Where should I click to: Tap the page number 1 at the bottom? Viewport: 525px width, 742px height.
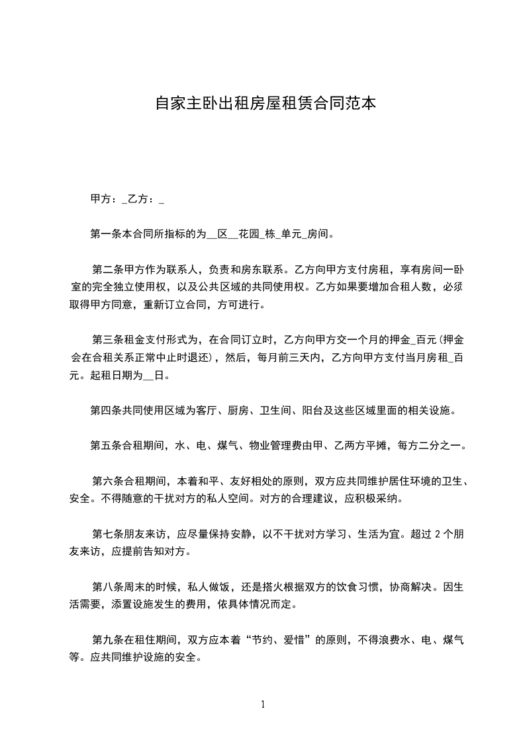(x=263, y=704)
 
